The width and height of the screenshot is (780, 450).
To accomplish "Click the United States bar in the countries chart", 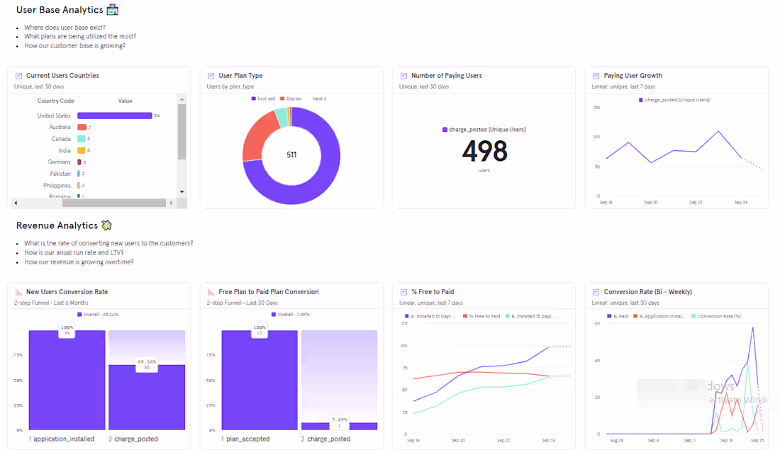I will [x=114, y=116].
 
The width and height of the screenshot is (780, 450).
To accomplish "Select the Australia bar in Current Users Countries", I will [x=82, y=127].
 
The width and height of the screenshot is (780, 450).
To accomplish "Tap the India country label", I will [x=64, y=150].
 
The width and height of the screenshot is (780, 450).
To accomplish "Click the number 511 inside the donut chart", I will [x=291, y=154].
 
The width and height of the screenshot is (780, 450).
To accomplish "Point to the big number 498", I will [x=484, y=151].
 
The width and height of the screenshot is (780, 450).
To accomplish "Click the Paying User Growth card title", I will [x=633, y=76].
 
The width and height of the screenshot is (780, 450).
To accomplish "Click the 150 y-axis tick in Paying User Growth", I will [x=596, y=108].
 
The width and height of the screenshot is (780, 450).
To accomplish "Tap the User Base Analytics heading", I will [x=60, y=10].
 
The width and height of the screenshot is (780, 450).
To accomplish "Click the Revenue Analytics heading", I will [x=57, y=225].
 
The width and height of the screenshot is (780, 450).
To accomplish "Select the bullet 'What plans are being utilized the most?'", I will [x=80, y=36].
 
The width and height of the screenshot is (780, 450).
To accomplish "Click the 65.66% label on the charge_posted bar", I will [x=147, y=365].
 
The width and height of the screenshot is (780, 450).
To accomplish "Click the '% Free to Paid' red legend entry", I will [x=483, y=316].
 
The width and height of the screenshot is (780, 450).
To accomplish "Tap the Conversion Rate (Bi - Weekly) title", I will [x=647, y=292].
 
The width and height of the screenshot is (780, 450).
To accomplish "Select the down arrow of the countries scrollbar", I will [x=182, y=191].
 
